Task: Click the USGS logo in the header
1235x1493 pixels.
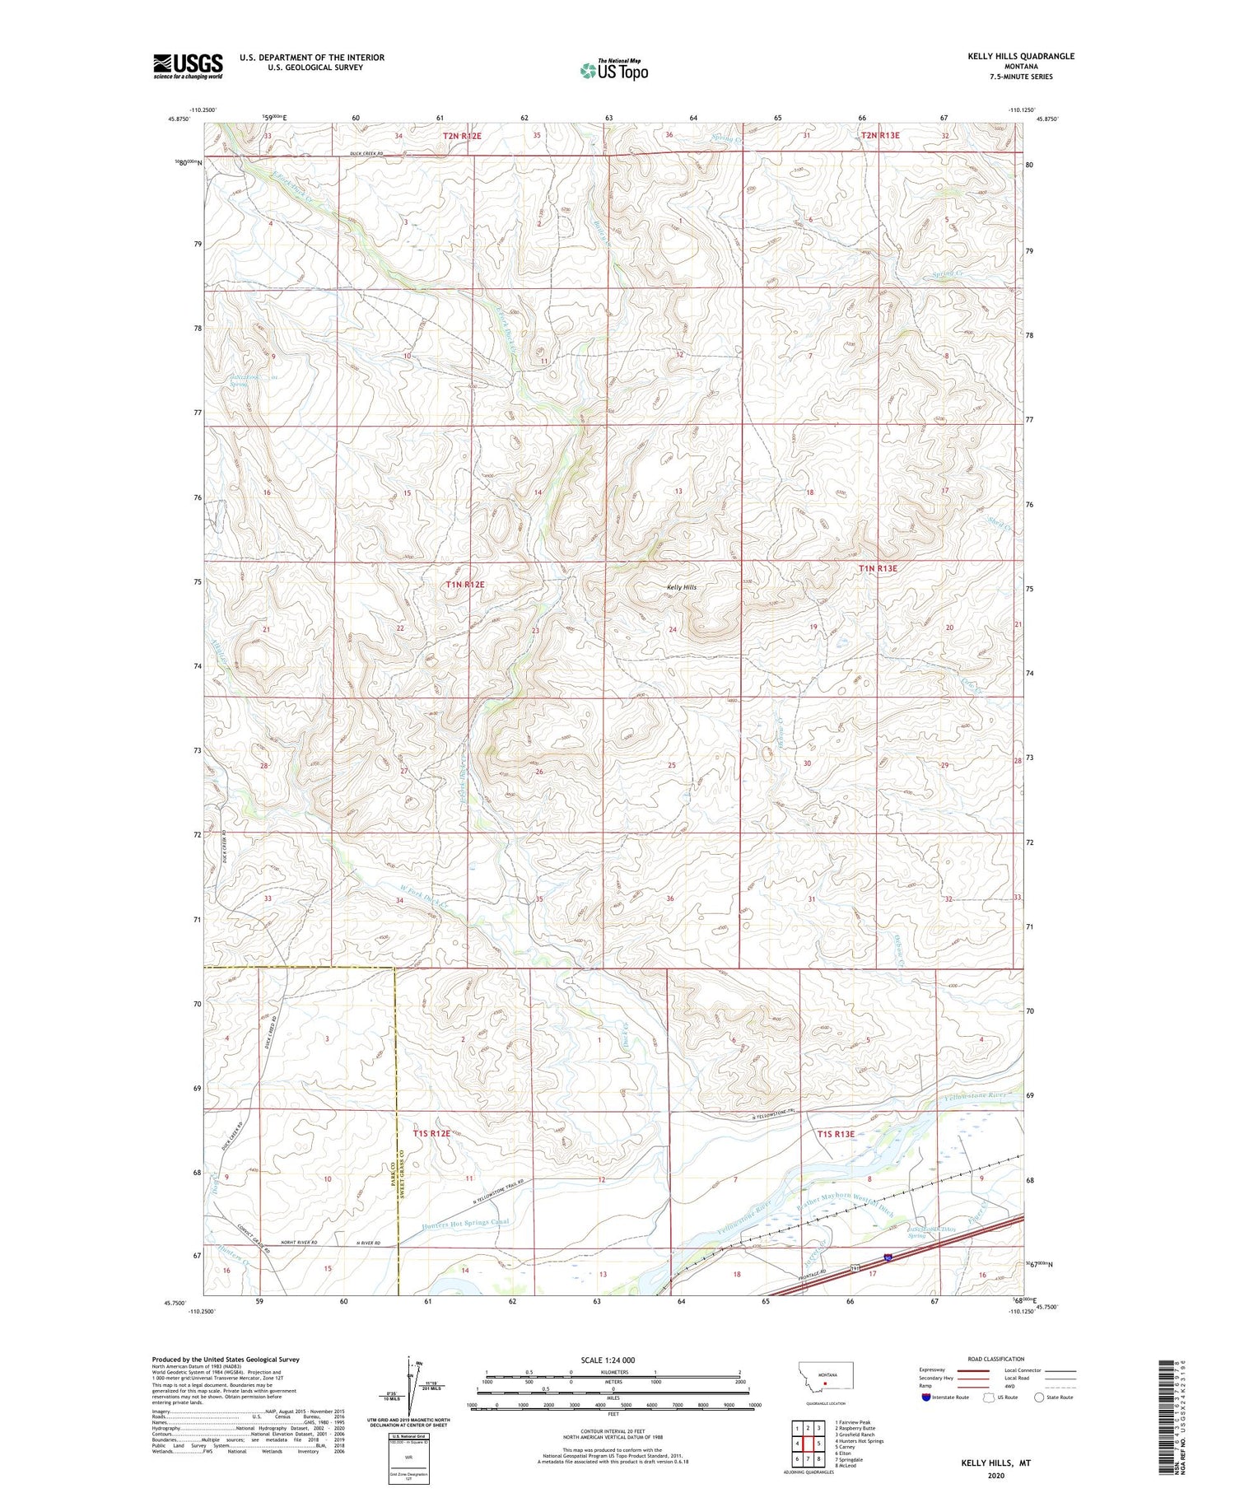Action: click(188, 66)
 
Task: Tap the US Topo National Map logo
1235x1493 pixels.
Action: click(613, 70)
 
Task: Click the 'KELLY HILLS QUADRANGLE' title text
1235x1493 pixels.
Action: click(1021, 56)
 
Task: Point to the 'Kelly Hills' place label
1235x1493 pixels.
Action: click(681, 587)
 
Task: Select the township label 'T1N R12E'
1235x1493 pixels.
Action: click(465, 584)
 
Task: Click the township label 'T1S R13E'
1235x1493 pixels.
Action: click(835, 1134)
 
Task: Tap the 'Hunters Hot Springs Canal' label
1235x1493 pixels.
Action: click(465, 1224)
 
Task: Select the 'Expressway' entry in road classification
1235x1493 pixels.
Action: click(933, 1369)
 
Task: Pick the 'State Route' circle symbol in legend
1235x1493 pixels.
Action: click(1039, 1397)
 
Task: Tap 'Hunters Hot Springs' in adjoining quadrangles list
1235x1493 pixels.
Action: click(859, 1440)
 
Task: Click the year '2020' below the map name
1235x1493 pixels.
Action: click(995, 1475)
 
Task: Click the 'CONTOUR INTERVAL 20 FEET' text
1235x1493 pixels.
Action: click(613, 1431)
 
